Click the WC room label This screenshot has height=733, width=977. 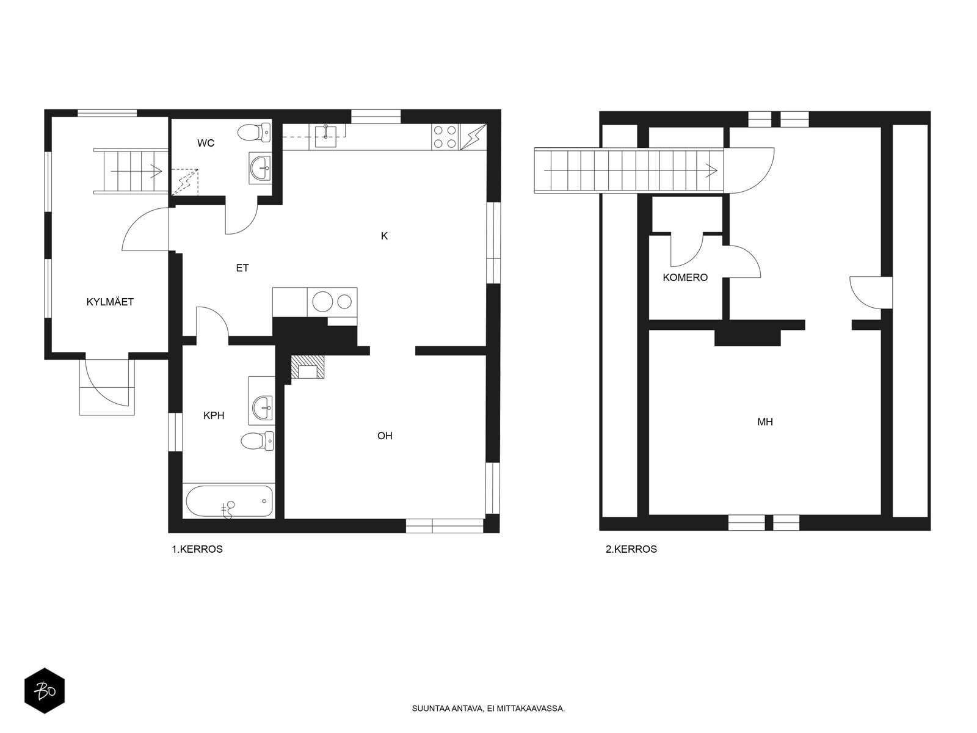pos(206,143)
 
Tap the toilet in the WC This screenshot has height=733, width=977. pos(253,132)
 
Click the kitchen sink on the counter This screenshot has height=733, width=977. pos(325,136)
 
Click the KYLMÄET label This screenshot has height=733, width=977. pos(110,302)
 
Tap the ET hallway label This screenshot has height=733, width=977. pos(242,268)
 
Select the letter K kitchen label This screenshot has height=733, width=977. pos(384,236)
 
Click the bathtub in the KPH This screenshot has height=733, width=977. pos(229,501)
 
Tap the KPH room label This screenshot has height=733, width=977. pos(214,415)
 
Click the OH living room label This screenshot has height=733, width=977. pos(385,436)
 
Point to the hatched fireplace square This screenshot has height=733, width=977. pos(308,367)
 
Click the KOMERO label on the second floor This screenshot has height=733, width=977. pos(685,278)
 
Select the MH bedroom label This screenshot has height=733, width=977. pos(765,422)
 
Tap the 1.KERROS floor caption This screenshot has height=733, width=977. pos(197,549)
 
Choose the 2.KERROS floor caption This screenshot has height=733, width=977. pos(631,549)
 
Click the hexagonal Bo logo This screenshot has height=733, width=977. pos(45,691)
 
